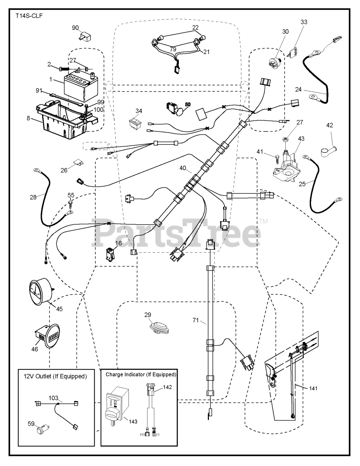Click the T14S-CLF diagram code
[29, 16]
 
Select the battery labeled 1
[81, 88]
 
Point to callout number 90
[75, 28]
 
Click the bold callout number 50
[187, 104]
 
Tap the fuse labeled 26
[79, 163]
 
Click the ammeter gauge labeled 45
[41, 292]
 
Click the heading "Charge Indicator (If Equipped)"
[141, 374]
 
